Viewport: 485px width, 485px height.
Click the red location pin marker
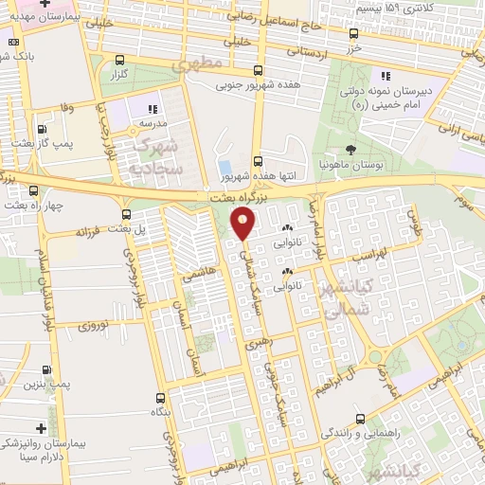(x=243, y=224)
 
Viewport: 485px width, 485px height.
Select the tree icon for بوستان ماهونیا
(x=351, y=149)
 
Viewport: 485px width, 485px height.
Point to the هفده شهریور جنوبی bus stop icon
(x=259, y=70)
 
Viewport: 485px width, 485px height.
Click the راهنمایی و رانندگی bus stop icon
(x=359, y=418)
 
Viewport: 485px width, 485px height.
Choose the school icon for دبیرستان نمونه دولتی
(x=385, y=76)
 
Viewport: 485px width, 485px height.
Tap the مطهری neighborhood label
(x=196, y=64)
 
